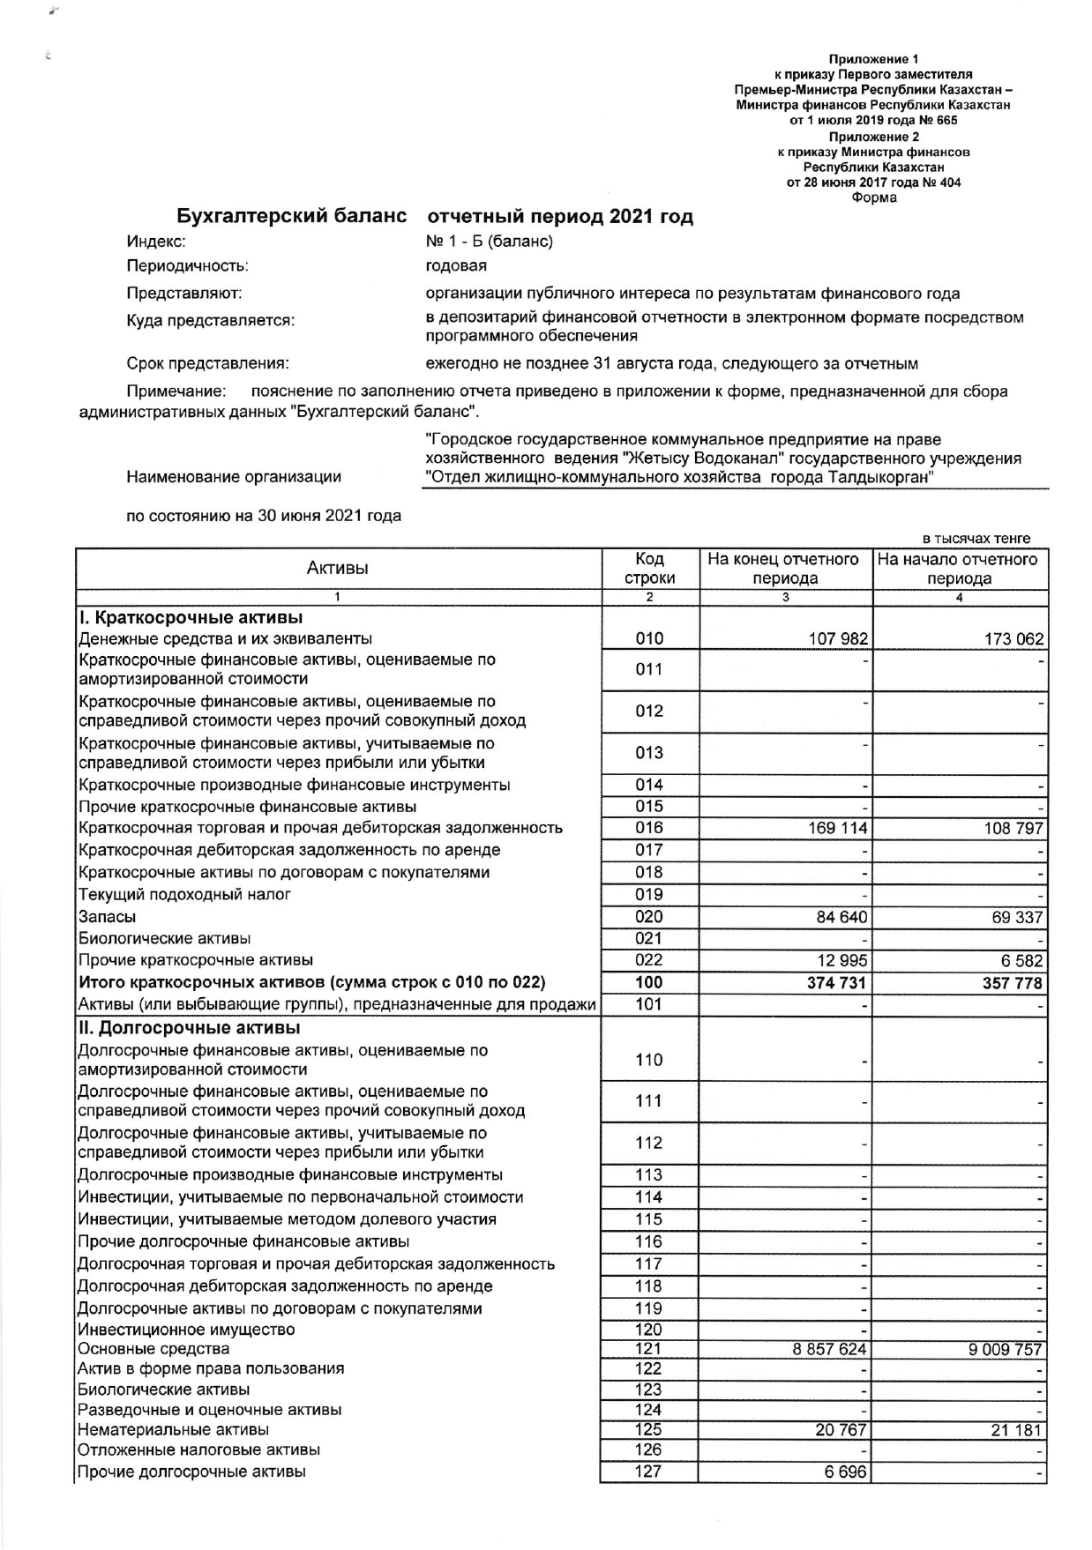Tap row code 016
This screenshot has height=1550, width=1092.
tap(648, 828)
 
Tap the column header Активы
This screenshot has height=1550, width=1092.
tap(338, 569)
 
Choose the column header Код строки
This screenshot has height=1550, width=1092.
tap(649, 569)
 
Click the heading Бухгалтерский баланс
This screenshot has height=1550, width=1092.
tap(292, 216)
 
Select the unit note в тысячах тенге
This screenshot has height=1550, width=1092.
tap(976, 539)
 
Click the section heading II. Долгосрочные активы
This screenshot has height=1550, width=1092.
tap(189, 1028)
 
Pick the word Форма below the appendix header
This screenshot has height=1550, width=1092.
tap(873, 197)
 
